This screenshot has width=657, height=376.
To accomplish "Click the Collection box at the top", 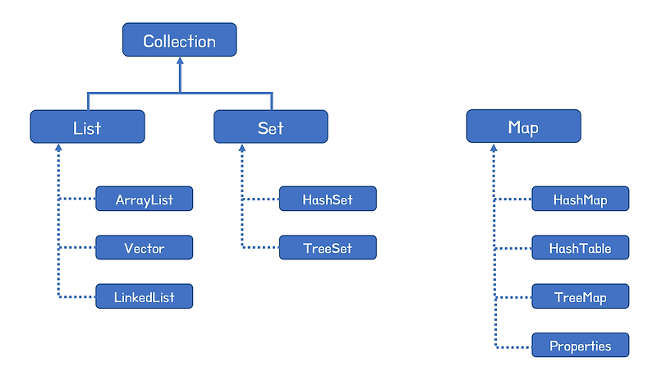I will coord(179,40).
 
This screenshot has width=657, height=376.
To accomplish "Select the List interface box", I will coord(87,127).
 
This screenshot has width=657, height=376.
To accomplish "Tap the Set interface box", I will coord(270,127).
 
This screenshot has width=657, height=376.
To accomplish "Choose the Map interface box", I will coord(523,127).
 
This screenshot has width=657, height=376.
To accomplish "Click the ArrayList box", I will coord(144,199).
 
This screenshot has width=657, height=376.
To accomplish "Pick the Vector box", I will coord(144,247).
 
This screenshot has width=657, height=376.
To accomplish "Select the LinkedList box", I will coord(144,296).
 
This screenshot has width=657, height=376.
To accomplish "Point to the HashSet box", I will coord(327,199).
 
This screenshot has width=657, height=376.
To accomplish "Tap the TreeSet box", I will coord(327,247).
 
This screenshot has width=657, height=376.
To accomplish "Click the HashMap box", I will coord(580,199).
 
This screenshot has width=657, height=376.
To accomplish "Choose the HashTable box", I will coord(580,247).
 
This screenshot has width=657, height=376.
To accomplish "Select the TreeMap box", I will coord(580,296).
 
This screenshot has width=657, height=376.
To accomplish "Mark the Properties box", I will coord(580,345).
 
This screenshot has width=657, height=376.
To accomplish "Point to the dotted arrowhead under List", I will coord(58,149).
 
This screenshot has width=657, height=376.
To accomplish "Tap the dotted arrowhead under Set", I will coord(241,149).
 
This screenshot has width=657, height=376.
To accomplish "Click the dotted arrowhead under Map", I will coord(494,149).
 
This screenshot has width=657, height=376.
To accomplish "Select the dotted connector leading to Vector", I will coord(77,247).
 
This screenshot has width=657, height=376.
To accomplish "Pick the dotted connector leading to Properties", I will coord(513,345).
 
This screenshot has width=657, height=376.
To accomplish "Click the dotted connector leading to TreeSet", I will coord(260,247).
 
